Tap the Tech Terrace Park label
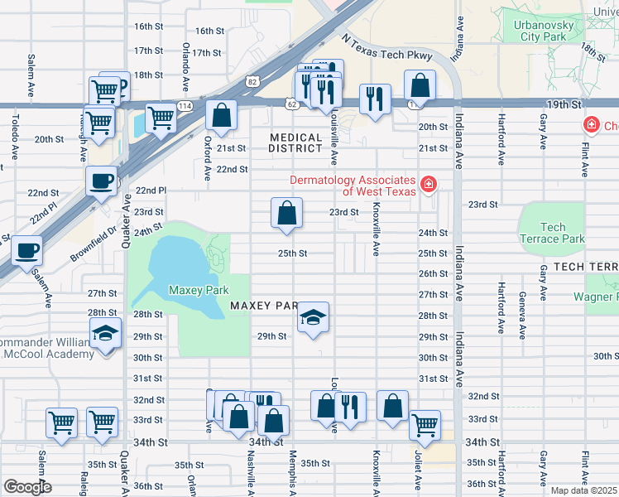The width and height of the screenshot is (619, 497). click(x=552, y=233)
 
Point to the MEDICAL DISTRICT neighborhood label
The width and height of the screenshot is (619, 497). click(x=295, y=142)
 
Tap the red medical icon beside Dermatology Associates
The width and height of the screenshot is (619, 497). click(x=428, y=183)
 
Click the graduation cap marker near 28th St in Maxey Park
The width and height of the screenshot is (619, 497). click(x=313, y=317)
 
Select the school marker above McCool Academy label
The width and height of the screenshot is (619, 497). click(x=105, y=334)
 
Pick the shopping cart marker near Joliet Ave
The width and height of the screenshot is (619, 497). click(x=425, y=426)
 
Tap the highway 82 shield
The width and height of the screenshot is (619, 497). click(x=252, y=80)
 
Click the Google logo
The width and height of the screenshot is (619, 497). click(x=27, y=487)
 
